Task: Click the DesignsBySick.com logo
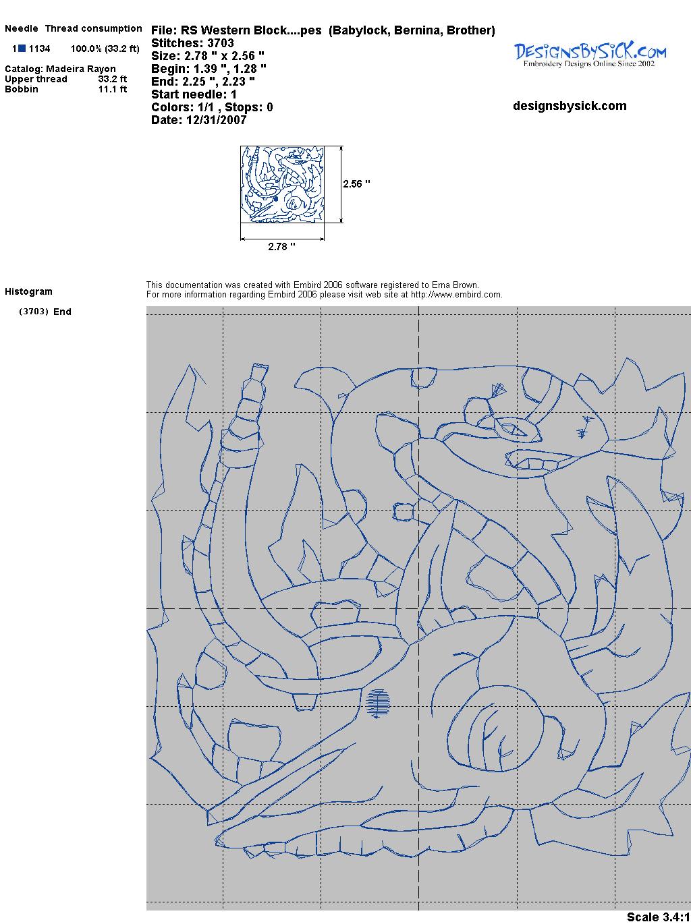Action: [590, 55]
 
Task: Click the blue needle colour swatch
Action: [22, 49]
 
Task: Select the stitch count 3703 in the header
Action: [220, 43]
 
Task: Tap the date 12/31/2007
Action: [216, 120]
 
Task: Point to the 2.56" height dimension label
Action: [356, 184]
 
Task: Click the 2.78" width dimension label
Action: [281, 246]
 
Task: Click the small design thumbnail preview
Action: [282, 184]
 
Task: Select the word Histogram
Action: [28, 291]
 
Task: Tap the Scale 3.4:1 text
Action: [659, 917]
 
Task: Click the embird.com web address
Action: [456, 295]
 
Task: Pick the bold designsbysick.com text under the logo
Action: [570, 106]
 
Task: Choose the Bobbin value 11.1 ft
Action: [113, 89]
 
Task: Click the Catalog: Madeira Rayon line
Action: [60, 69]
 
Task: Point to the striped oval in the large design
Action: [378, 703]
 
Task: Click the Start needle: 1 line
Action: [194, 94]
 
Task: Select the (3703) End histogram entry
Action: [45, 312]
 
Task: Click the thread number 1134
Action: [40, 49]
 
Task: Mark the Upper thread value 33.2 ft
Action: [113, 79]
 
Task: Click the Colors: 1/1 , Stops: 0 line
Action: [213, 107]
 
